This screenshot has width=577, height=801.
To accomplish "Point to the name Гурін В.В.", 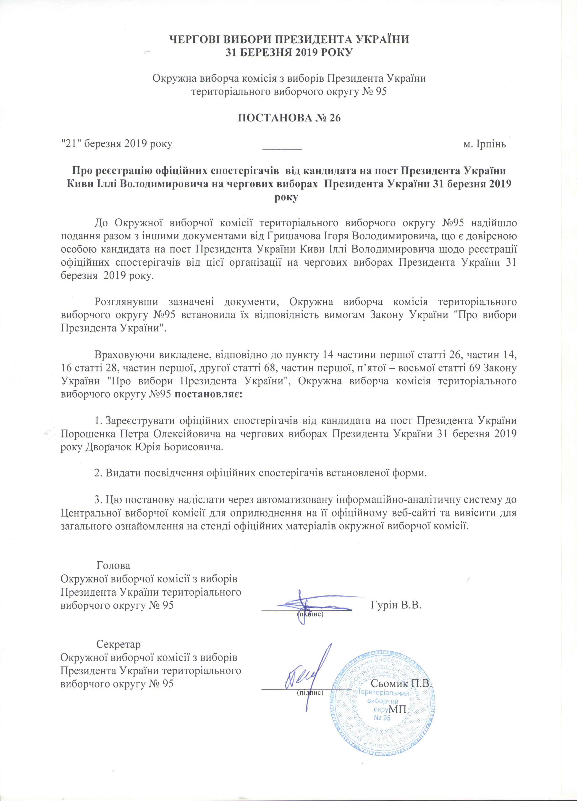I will pyautogui.click(x=397, y=605).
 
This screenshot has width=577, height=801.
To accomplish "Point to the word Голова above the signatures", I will pyautogui.click(x=113, y=566).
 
